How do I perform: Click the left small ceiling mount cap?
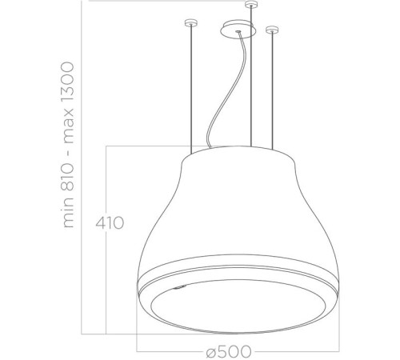190,22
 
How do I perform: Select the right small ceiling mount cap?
272,30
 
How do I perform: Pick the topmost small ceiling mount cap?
253,6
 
